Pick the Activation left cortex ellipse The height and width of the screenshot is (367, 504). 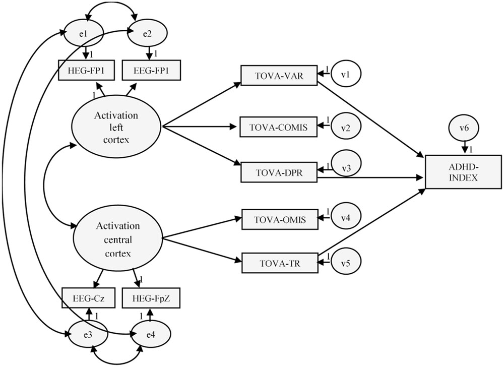[116, 128]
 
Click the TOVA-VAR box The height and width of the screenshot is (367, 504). [278, 75]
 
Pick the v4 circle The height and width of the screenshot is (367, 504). [345, 218]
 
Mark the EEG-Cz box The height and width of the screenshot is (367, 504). [87, 297]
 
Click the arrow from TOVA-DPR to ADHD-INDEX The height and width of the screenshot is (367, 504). [373, 177]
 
